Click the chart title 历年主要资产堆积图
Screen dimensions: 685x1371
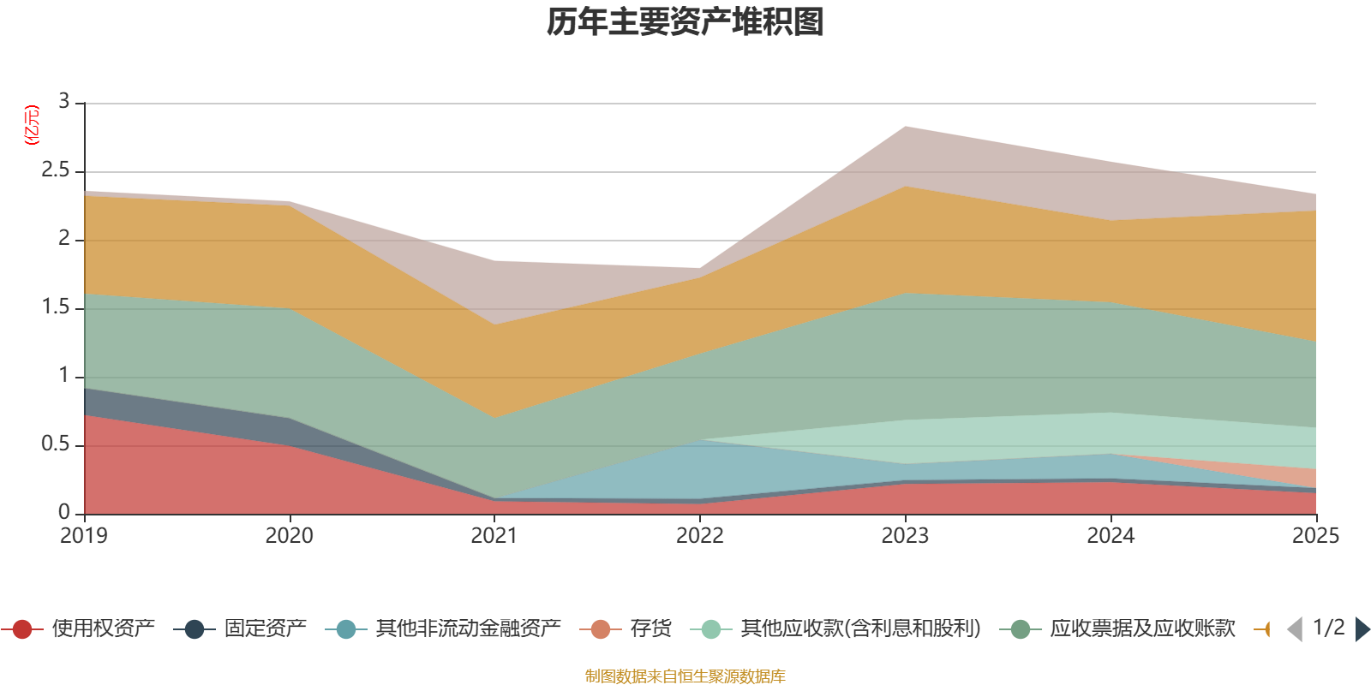coord(685,22)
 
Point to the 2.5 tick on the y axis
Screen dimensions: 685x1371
coord(56,170)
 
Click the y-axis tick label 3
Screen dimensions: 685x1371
coord(64,102)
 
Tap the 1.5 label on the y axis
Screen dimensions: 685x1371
coord(56,307)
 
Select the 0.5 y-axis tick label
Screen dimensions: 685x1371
coord(56,444)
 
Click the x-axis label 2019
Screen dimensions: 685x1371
coord(84,536)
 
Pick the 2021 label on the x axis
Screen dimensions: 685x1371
coord(494,536)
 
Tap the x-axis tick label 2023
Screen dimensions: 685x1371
coord(905,536)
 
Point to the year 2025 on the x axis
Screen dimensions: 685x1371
coord(1314,536)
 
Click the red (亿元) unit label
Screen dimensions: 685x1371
coord(33,125)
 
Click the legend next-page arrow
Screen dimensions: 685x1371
coord(1362,629)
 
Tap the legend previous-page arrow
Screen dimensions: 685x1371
coord(1295,629)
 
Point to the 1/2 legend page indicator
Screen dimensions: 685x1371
coord(1328,628)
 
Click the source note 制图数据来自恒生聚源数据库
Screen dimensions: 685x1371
coord(685,676)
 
